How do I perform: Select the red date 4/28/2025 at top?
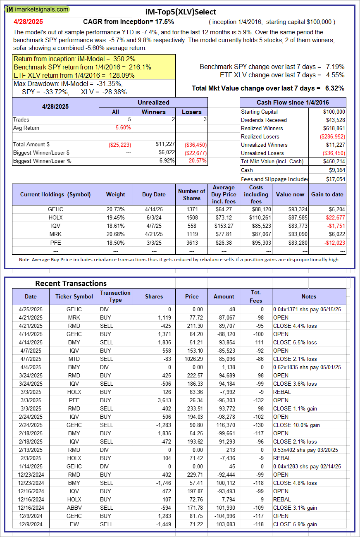[x=28, y=21]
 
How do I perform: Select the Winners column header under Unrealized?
[x=154, y=112]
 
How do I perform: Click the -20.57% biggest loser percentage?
[x=197, y=161]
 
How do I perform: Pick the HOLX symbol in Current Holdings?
[x=55, y=217]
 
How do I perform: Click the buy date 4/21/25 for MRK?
[x=154, y=234]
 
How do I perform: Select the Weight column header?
[x=115, y=194]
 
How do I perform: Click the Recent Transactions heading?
[x=71, y=283]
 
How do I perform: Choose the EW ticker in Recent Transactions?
[x=74, y=524]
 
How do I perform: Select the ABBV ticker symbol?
[x=74, y=508]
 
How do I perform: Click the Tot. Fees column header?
[x=256, y=296]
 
